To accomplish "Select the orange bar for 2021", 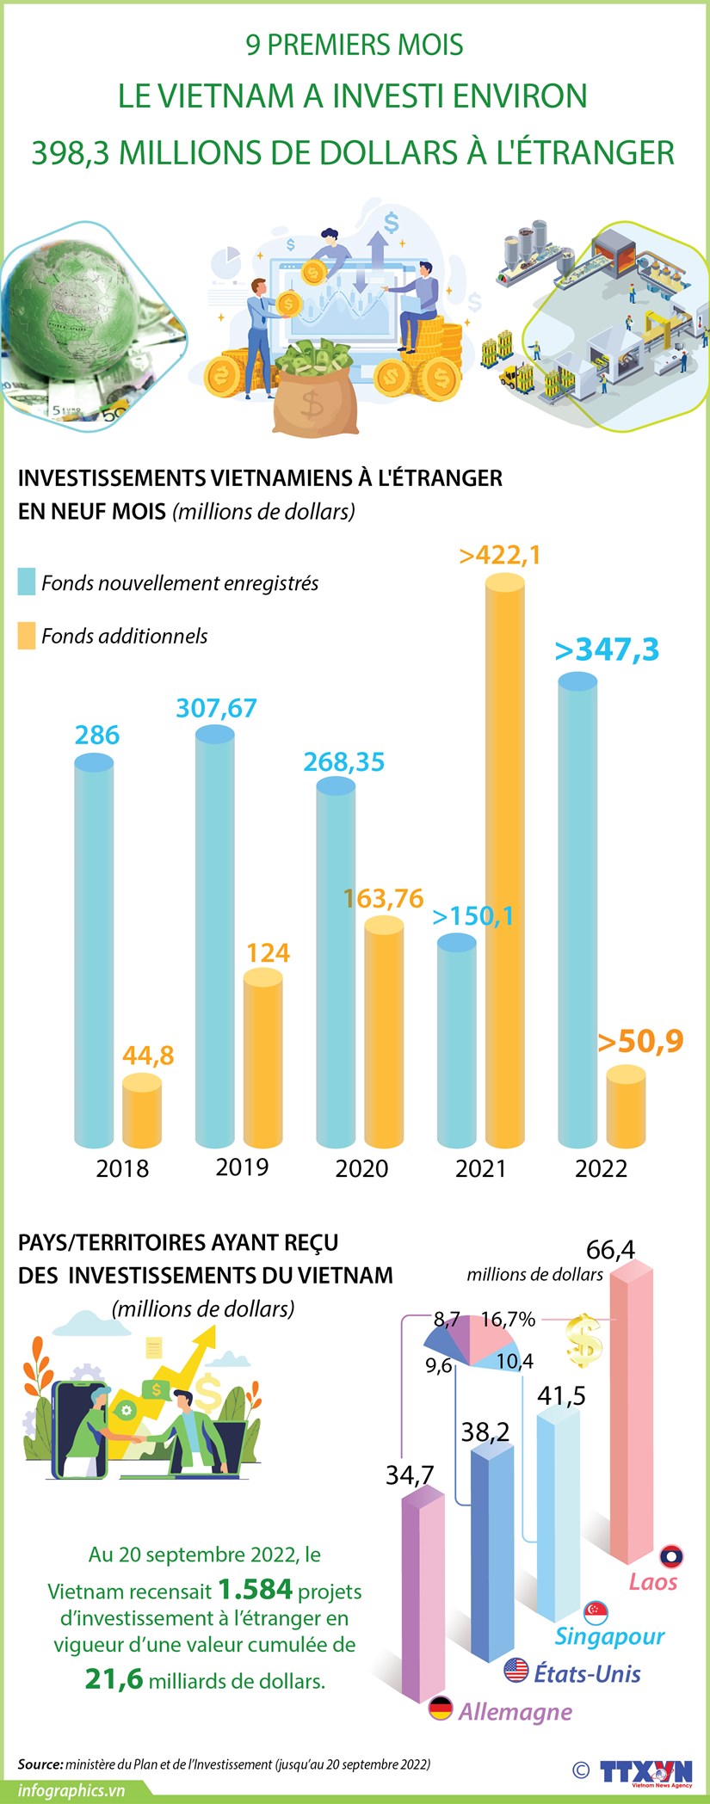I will click(x=505, y=860).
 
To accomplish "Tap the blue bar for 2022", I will click(x=577, y=912).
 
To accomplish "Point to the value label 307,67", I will click(x=216, y=708).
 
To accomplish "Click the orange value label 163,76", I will click(x=383, y=899).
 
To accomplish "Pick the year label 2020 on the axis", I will click(x=361, y=1168).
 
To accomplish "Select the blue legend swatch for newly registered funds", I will click(x=27, y=582).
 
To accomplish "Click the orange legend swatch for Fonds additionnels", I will click(x=27, y=636).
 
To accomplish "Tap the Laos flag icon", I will click(x=671, y=1556).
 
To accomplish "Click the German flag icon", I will click(x=441, y=1709).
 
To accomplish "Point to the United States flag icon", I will click(x=516, y=1671).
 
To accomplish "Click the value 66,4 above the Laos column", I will click(x=610, y=1249).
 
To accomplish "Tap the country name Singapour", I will click(x=609, y=1635).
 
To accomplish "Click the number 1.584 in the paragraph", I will click(x=255, y=1589).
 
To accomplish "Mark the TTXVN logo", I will click(x=645, y=1772).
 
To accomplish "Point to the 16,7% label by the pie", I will click(x=508, y=1319).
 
